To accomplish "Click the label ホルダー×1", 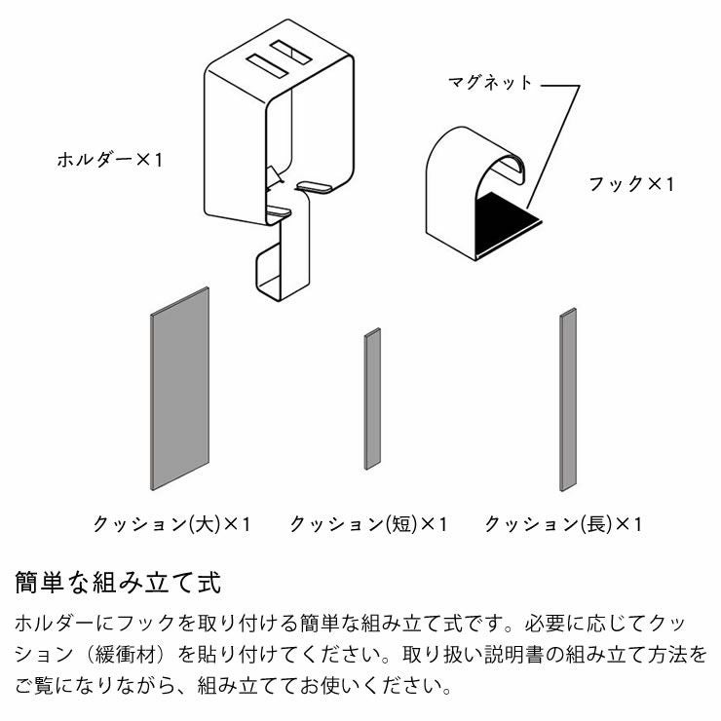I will (109, 158).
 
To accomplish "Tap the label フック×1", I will (630, 183).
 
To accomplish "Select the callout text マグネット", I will (490, 83).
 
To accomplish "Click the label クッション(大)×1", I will (171, 524).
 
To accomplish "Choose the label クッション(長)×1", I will (564, 524).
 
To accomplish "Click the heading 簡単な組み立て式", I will (119, 584).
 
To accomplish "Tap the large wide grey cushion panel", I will (179, 390).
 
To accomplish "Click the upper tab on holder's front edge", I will (317, 185).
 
